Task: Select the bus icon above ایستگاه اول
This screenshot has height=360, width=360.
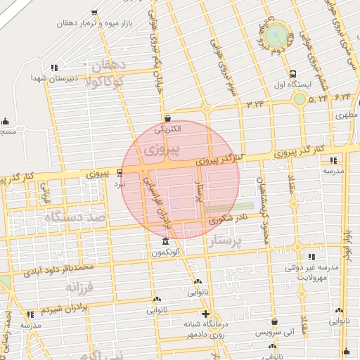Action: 292,73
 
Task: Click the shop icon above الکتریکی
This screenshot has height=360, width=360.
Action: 167,118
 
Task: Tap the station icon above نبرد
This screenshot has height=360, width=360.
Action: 120,172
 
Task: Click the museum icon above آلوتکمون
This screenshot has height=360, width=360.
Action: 165,242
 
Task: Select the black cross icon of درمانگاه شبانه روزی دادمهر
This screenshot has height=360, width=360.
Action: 205,314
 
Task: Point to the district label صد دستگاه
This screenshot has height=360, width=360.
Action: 74,218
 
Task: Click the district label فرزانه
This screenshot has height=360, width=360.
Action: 80,287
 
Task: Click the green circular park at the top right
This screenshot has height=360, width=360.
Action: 278,33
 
